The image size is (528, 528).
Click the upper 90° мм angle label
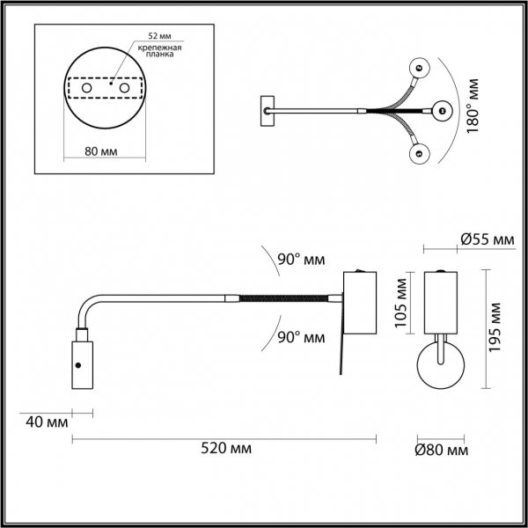pyautogui.click(x=301, y=260)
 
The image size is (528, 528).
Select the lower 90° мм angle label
pyautogui.click(x=301, y=337)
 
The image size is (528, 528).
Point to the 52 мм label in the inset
pyautogui.click(x=158, y=35)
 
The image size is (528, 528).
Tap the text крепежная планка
pyautogui.click(x=165, y=50)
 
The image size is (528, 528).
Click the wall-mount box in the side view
pyautogui.click(x=359, y=302)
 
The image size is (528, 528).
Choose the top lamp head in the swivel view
pyautogui.click(x=420, y=66)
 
